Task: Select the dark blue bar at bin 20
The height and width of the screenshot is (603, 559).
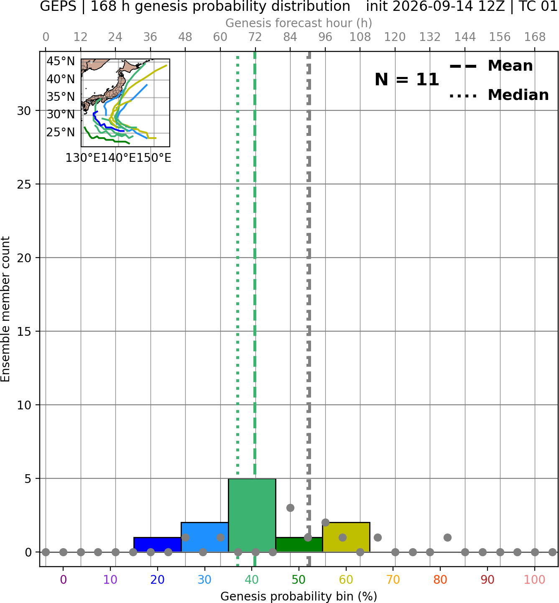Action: click(158, 545)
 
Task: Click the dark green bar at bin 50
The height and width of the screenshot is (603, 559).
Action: click(299, 545)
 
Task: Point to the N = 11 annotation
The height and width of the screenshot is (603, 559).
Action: click(407, 79)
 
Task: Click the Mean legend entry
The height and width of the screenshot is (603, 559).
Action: click(491, 66)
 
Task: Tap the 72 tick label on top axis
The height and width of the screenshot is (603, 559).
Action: click(255, 37)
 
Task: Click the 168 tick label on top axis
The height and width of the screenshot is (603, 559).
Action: click(535, 37)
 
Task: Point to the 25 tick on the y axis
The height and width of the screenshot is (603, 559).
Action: click(24, 184)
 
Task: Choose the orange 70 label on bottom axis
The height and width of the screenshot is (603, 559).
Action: click(393, 580)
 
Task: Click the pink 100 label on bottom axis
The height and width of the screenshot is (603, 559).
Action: click(535, 580)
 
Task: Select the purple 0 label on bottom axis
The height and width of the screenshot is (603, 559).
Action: click(63, 580)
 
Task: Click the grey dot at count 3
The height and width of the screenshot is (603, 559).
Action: click(290, 508)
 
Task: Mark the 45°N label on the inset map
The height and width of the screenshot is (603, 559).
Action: click(61, 61)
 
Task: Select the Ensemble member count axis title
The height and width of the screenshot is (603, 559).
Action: click(5, 309)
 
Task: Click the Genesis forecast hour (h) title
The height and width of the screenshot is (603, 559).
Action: click(299, 23)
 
